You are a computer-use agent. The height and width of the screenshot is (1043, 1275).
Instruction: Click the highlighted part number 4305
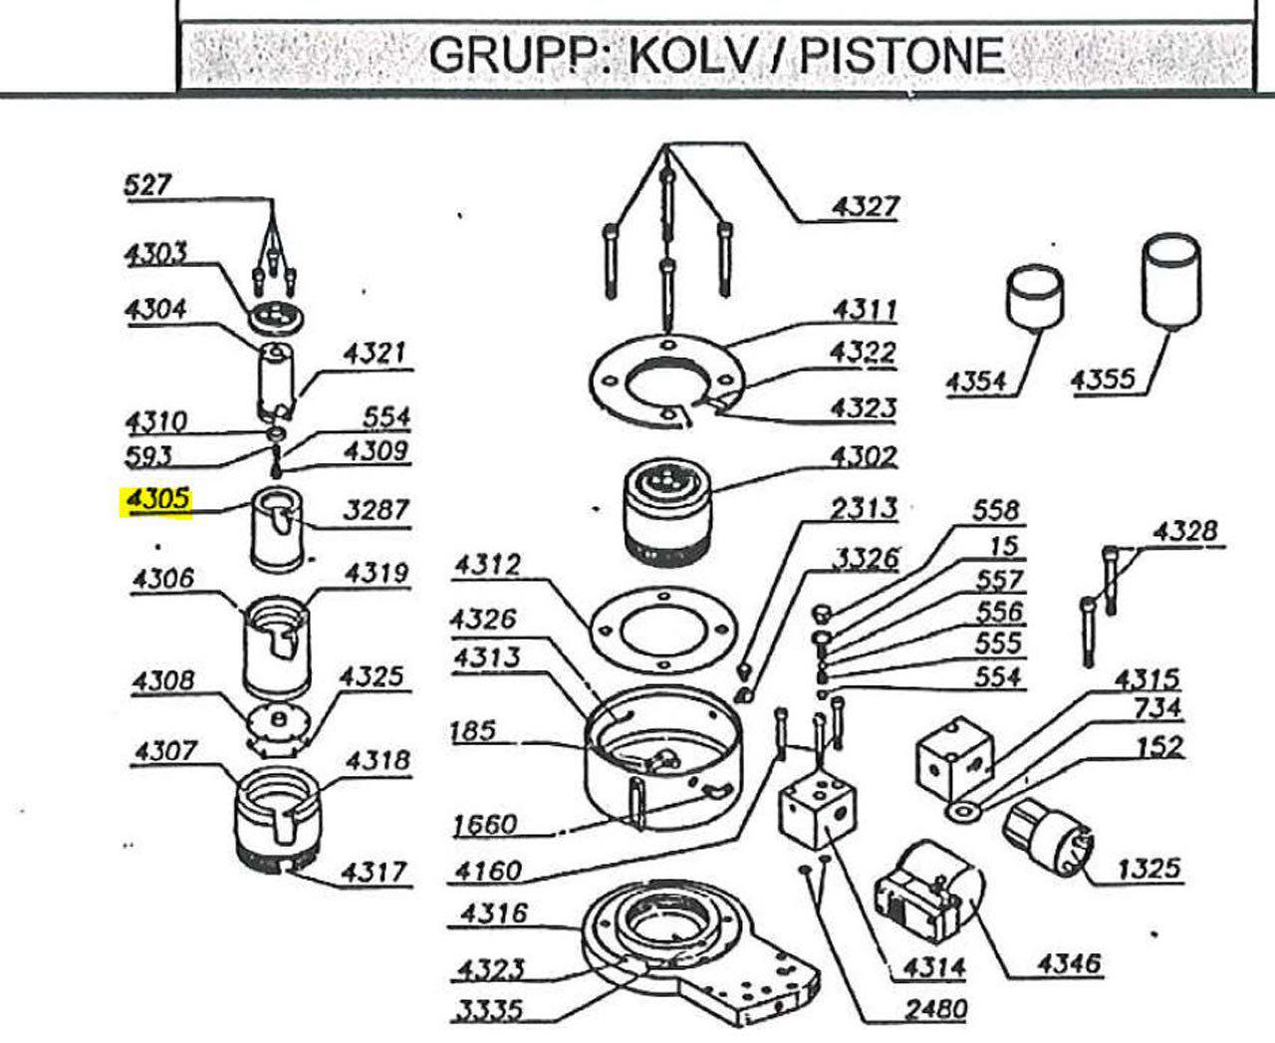[156, 501]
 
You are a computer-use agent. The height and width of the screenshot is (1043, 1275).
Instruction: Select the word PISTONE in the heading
[901, 54]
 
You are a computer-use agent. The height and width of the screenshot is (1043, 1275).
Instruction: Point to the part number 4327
[865, 206]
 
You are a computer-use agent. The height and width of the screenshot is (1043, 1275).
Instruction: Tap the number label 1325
[1147, 869]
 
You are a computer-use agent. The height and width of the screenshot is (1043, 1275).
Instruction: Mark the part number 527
[147, 185]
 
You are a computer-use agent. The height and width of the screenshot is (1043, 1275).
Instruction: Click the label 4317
[375, 874]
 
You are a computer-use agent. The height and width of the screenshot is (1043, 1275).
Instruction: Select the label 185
[472, 730]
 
